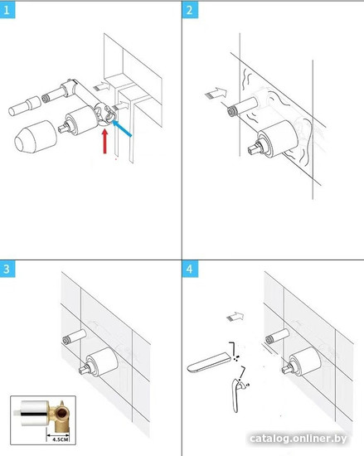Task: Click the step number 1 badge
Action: coord(7,11)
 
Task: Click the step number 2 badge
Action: coord(190,11)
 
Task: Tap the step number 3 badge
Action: coord(7,269)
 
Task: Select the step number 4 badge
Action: coord(190,269)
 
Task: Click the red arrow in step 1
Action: coord(105,141)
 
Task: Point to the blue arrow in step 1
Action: coord(122,129)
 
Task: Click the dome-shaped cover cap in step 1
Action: coord(36,137)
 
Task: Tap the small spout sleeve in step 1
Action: coord(25,106)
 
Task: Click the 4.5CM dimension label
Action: coord(61,439)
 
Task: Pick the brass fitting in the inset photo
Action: coord(60,417)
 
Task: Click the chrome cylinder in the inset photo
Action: coord(35,413)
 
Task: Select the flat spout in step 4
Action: coord(209,362)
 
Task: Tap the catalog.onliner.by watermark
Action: coord(298,439)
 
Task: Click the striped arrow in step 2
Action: coord(216,94)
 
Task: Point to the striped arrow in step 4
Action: coord(235,317)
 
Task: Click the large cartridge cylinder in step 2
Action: coord(278,138)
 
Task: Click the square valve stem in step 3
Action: coord(85,370)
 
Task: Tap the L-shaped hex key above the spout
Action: coord(234,348)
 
